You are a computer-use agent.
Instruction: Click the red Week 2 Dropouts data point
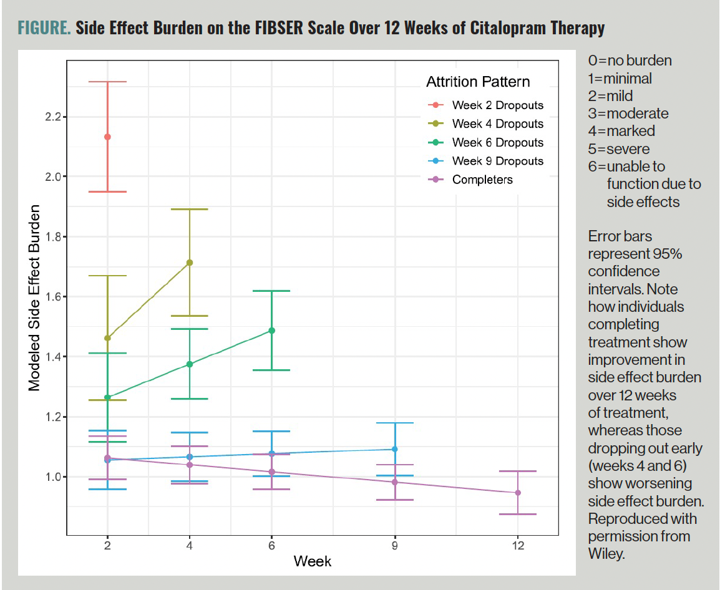pos(107,137)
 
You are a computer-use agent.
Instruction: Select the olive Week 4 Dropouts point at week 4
pos(190,263)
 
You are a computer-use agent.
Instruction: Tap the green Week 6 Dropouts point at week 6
pos(271,331)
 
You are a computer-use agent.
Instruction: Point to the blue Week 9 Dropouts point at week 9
pos(394,449)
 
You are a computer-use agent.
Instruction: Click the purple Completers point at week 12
pos(518,493)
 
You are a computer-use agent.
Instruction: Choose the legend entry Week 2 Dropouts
pos(497,105)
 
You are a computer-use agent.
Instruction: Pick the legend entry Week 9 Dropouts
pos(497,161)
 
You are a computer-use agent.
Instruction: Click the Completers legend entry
pos(482,180)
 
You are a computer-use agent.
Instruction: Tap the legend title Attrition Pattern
pos(478,82)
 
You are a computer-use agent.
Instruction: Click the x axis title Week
pos(313,561)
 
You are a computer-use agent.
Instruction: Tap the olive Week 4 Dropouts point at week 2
pos(107,338)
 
